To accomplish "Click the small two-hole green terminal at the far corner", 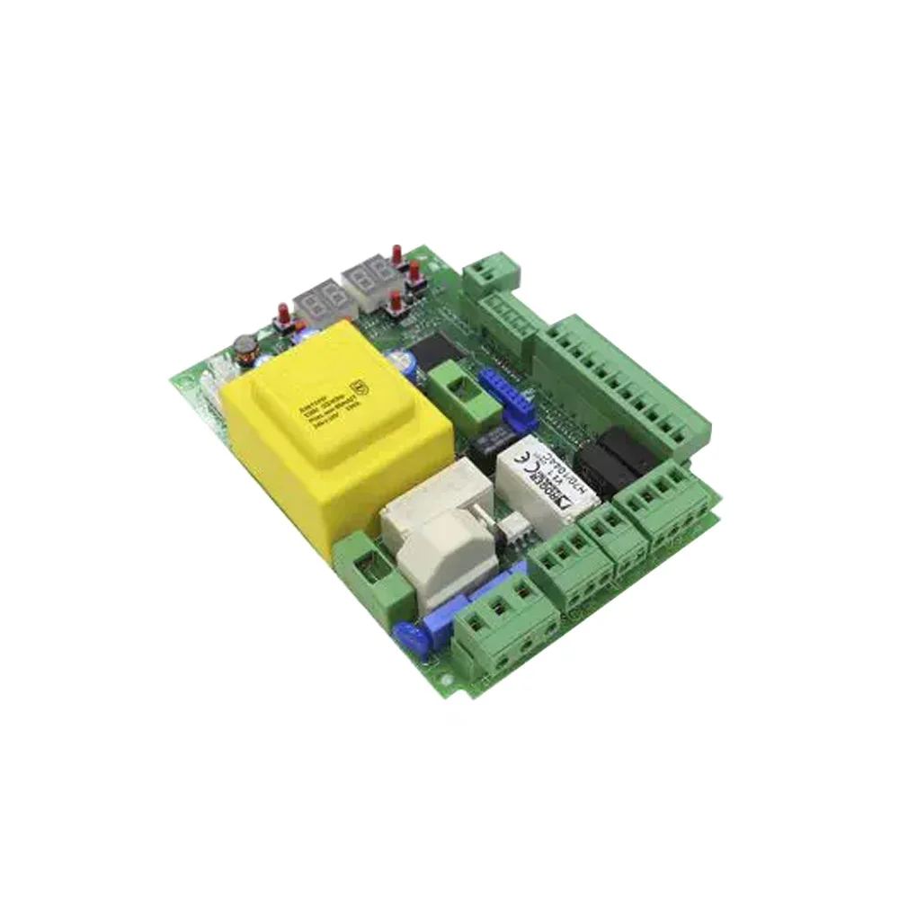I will [492, 269].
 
